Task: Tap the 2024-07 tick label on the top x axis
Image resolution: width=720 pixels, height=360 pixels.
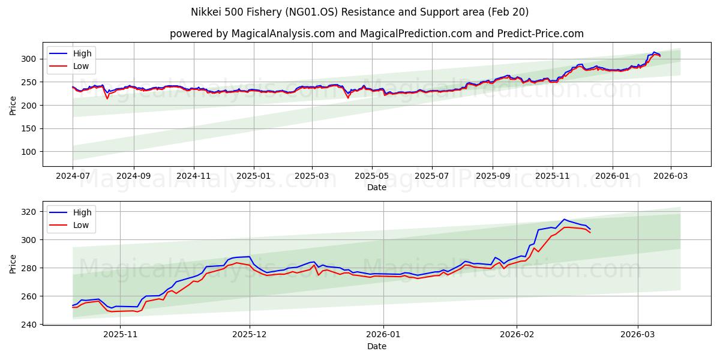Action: click(73, 177)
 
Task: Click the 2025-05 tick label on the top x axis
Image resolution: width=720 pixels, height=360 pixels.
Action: click(371, 177)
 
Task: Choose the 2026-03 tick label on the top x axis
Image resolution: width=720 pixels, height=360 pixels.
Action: click(670, 177)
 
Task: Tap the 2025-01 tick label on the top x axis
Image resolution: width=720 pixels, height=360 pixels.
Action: click(253, 177)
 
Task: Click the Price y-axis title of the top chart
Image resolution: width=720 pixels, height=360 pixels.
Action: click(13, 105)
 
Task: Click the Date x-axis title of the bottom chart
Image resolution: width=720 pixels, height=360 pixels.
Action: click(376, 346)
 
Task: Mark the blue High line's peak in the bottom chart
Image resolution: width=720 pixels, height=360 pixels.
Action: click(564, 219)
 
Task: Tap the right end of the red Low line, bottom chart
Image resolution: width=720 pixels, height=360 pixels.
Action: click(590, 232)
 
